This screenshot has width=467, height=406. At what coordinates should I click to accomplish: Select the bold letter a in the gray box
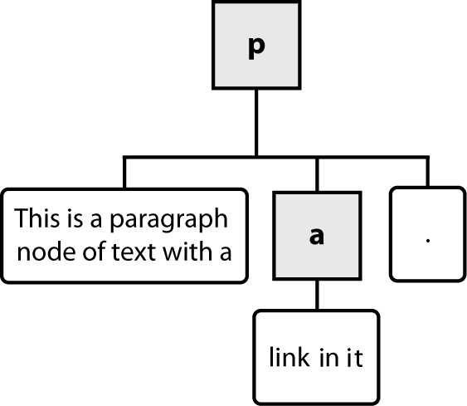(316, 236)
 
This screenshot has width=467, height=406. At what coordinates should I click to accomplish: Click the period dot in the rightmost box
(427, 241)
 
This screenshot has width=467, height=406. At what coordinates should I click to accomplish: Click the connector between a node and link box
(316, 295)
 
